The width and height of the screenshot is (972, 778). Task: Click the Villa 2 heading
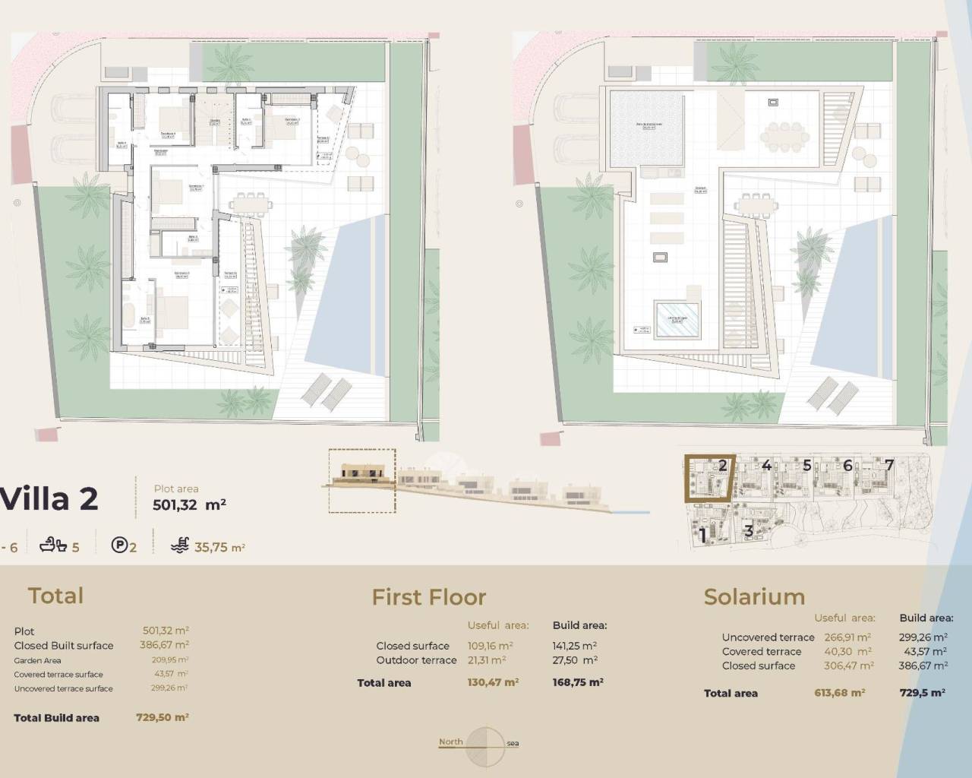(50, 499)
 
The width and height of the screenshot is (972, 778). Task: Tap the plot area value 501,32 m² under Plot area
(190, 504)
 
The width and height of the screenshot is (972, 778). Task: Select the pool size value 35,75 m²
(220, 547)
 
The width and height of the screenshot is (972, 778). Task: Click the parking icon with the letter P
(119, 545)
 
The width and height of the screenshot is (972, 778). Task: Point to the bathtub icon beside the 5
(55, 545)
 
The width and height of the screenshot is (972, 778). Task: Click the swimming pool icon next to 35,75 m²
(180, 545)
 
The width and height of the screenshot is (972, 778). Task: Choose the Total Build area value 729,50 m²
(162, 716)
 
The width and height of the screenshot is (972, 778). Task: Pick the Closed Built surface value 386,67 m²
(166, 645)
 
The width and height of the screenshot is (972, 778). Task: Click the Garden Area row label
(37, 660)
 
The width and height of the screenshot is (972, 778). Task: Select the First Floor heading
(428, 597)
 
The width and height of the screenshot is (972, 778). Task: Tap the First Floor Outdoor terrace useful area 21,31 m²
(487, 660)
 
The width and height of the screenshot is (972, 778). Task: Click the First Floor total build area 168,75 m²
(578, 682)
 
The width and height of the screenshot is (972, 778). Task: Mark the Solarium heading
(754, 597)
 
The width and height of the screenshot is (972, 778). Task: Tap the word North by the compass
(450, 742)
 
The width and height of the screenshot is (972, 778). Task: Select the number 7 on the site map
(889, 465)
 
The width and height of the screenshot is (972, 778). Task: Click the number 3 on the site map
(749, 531)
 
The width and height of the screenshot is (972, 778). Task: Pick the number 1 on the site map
(702, 535)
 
